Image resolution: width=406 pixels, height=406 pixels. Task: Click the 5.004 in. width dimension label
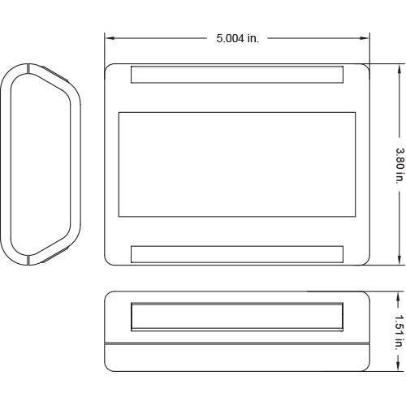coord(237,38)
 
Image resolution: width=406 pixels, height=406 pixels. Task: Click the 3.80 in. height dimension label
coord(399,165)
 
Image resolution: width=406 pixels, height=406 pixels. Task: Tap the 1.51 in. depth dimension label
coord(399,332)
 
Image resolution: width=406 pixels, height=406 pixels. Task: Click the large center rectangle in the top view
coord(237,164)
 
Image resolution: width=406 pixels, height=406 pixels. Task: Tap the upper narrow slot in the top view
coord(237,75)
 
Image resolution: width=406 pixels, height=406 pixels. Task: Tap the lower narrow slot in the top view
coord(237,253)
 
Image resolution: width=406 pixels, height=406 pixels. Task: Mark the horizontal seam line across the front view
coord(237,344)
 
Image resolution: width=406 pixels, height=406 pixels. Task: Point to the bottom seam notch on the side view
coord(30,261)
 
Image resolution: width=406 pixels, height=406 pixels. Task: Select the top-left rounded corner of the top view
coord(110,68)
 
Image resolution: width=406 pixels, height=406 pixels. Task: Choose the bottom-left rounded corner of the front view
coord(109,367)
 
